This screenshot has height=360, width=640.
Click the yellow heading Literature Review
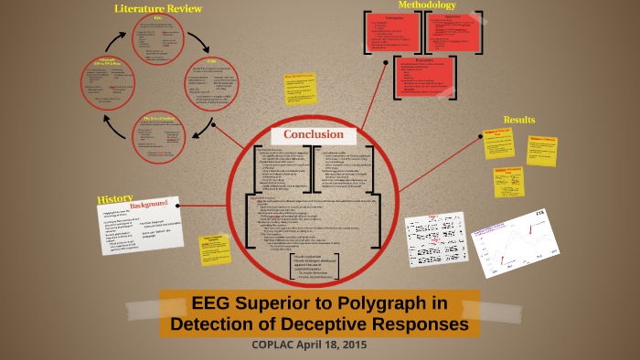(x=157, y=8)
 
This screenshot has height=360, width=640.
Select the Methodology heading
(x=426, y=5)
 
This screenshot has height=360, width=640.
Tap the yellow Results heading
(x=518, y=120)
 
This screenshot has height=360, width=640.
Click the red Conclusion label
(x=313, y=134)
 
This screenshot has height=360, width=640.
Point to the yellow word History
(x=115, y=198)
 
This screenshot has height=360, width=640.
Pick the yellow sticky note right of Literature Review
(x=299, y=89)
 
